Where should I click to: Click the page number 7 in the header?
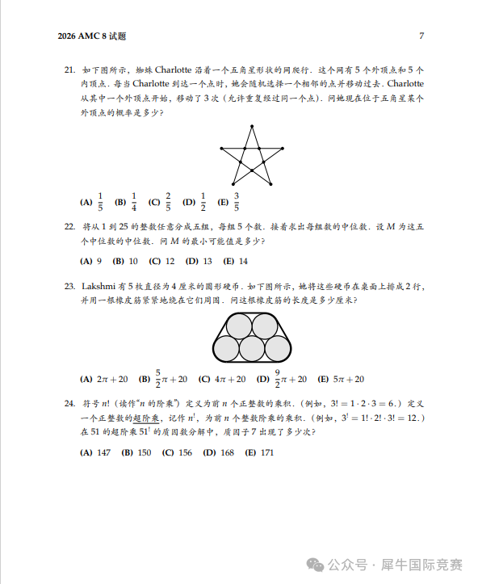coord(421,36)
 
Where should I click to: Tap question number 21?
coord(69,70)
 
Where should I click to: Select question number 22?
coord(69,227)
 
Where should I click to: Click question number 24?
coord(69,401)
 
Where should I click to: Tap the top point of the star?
coord(253,127)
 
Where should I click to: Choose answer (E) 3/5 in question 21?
coord(229,202)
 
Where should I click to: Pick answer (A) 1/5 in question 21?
coord(93,202)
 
